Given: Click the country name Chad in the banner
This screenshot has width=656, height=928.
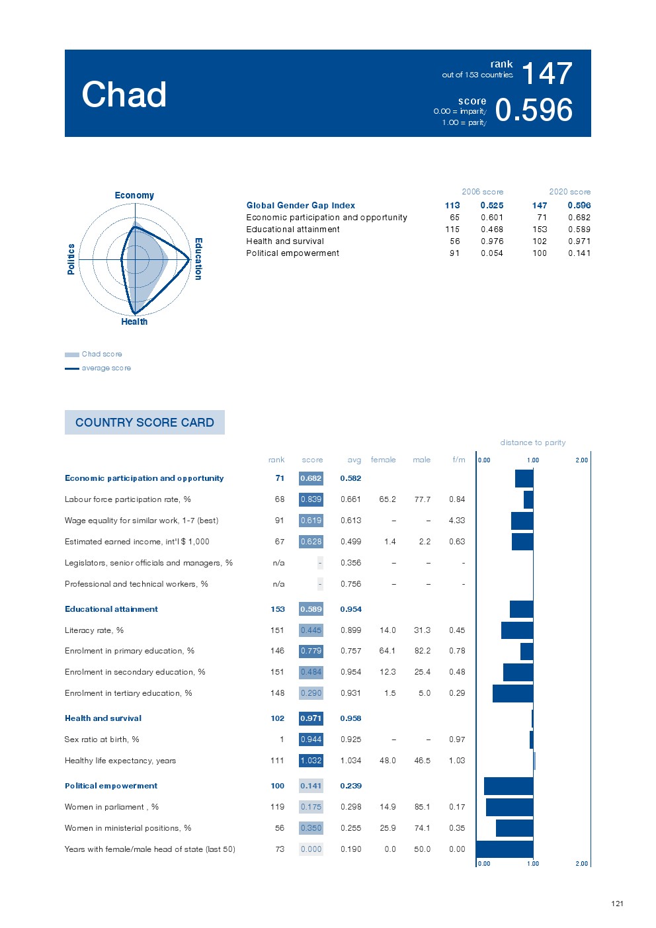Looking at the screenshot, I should [x=124, y=95].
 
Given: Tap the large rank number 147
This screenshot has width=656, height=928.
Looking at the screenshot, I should [x=546, y=73].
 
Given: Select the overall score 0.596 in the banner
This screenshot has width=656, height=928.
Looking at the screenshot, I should [x=534, y=110].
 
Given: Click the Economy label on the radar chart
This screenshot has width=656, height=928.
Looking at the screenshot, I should [x=134, y=195].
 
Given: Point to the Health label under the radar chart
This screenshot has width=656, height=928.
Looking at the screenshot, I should [x=134, y=321].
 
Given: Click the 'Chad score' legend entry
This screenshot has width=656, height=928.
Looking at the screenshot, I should [x=102, y=354].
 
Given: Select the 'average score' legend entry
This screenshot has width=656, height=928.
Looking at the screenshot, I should [x=106, y=368].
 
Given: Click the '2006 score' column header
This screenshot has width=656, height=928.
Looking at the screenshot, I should [x=482, y=192].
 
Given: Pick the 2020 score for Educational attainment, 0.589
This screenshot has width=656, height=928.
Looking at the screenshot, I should [x=579, y=230].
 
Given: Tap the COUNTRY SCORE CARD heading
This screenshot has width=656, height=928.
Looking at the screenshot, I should [x=145, y=423].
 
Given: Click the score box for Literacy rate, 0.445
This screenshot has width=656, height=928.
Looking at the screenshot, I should [x=311, y=630].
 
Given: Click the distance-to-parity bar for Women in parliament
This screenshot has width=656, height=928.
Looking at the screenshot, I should [x=509, y=807].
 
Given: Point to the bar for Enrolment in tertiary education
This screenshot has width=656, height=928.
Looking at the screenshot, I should [x=512, y=693].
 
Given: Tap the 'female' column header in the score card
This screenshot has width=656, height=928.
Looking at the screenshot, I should [x=383, y=460].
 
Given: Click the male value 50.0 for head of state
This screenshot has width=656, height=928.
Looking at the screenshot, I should [x=422, y=849].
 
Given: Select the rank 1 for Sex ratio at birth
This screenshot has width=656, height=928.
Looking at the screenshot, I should [x=282, y=739].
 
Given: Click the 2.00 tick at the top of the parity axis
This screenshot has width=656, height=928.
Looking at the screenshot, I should [x=581, y=460].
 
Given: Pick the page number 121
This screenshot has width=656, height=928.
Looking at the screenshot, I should [x=617, y=904].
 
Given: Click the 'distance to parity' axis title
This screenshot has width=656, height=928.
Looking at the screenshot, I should [x=532, y=443].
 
